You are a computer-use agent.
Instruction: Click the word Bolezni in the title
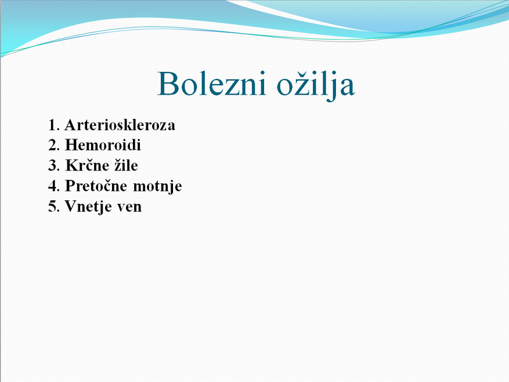[212, 83]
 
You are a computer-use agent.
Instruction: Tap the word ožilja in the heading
[316, 85]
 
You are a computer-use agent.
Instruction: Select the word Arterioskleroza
[120, 125]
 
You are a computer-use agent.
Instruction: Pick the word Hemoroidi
[103, 145]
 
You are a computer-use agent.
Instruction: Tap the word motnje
[157, 186]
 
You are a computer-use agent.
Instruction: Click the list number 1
[54, 125]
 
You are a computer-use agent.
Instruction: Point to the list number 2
[54, 145]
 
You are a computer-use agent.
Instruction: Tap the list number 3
[54, 165]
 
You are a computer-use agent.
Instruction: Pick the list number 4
[54, 186]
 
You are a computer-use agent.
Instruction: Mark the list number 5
[54, 206]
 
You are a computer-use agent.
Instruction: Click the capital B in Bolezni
[168, 83]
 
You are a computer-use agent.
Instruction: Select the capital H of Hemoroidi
[71, 145]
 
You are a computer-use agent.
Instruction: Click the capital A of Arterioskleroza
[71, 125]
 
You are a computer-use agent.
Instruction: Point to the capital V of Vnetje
[71, 206]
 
